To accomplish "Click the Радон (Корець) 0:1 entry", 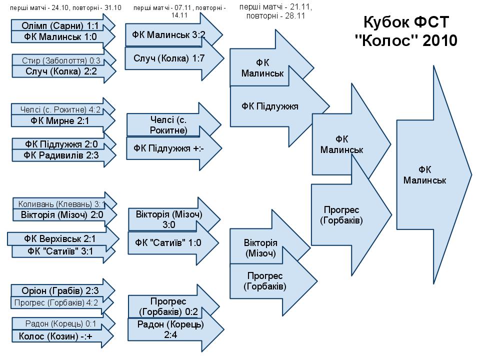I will point(60,324).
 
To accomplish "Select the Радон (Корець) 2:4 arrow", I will point(170,329).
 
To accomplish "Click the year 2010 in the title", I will point(439,40).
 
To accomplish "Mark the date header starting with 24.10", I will point(65,8).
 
